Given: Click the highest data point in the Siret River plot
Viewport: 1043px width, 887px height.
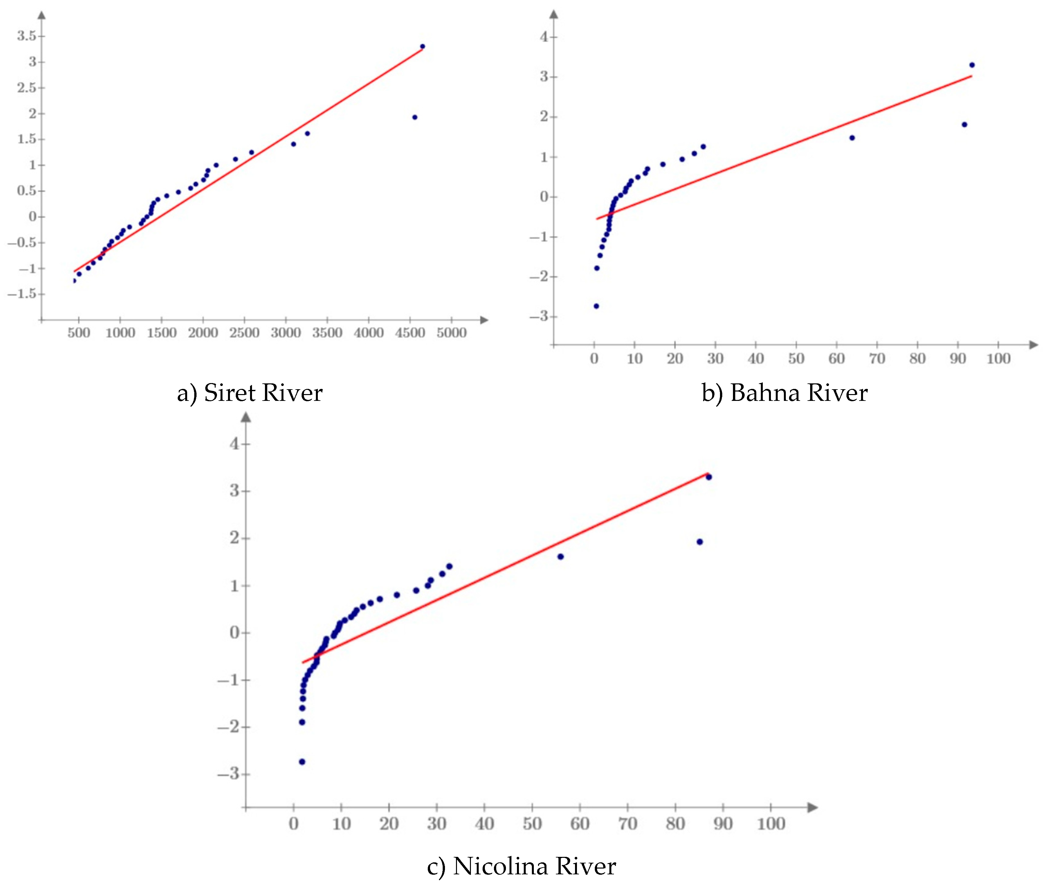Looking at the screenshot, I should [422, 47].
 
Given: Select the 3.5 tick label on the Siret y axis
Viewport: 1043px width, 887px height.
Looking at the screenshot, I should [27, 36].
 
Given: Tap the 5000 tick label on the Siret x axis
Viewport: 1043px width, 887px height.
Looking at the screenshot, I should [451, 333].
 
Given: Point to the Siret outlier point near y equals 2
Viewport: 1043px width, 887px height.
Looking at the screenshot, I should [414, 117].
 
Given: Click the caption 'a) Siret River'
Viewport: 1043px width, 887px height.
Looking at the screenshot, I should [249, 393].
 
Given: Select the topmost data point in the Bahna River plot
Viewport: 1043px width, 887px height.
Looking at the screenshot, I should [972, 65].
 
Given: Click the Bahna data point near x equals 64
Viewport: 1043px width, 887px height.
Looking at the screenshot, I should [852, 138].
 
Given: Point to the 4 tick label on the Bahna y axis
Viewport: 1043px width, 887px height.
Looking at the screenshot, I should [544, 37].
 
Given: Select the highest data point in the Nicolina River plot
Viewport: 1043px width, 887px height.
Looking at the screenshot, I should [708, 477].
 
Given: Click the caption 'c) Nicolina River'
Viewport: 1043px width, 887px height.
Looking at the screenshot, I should [521, 866].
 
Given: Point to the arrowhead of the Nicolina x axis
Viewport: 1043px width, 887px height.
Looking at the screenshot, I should [812, 808].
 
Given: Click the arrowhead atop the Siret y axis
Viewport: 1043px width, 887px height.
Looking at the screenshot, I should [42, 15].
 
